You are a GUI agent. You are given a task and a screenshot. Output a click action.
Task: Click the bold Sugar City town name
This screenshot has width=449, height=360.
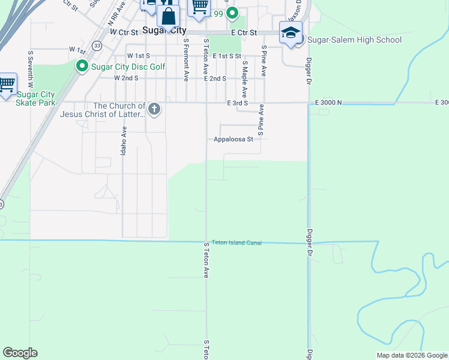[x=164, y=31]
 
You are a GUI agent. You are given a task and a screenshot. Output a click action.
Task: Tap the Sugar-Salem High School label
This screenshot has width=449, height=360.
[x=355, y=40]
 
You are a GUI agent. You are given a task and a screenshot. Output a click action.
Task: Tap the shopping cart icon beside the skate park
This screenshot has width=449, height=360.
[x=7, y=84]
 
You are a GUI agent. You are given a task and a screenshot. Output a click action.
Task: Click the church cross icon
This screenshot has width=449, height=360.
[x=154, y=109]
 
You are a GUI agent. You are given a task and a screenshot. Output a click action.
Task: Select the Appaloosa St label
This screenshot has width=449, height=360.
[x=234, y=139]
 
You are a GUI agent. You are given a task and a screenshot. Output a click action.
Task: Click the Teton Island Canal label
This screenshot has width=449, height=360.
[x=237, y=242]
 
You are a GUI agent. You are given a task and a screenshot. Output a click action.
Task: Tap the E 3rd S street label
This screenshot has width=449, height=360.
[x=238, y=103]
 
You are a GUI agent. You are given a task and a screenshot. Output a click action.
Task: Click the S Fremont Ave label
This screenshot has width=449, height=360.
[x=187, y=60]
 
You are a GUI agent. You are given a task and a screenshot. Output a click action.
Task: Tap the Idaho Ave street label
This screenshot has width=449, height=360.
[x=124, y=142]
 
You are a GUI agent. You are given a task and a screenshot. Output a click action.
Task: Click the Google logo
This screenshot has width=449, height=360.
[x=20, y=353]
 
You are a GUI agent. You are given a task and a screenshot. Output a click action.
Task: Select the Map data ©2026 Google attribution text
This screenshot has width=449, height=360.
[x=412, y=355]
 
